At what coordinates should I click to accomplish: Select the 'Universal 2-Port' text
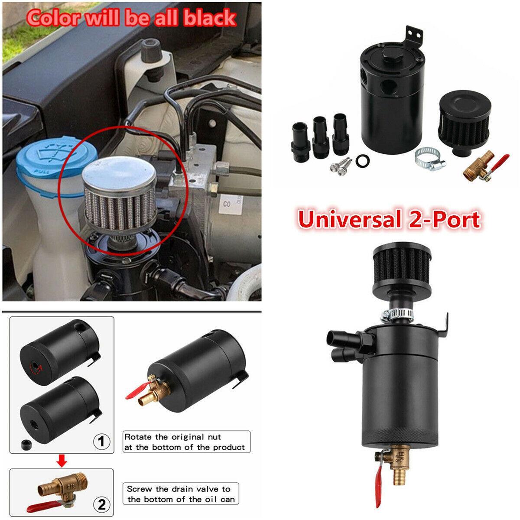pos(389,219)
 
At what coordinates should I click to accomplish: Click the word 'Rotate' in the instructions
pos(139,437)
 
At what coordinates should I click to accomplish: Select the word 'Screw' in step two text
pos(139,489)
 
